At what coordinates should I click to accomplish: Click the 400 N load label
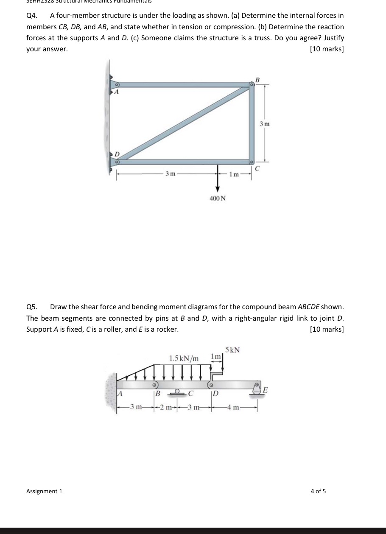[218, 198]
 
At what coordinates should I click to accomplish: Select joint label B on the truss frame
[257, 79]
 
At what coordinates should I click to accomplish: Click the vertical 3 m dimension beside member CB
[265, 124]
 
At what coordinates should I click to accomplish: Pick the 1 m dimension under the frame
[234, 174]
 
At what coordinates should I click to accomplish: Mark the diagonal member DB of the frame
[182, 123]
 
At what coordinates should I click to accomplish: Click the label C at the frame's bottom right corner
[257, 169]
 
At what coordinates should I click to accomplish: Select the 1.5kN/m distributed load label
[184, 358]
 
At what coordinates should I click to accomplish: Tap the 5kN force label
[232, 350]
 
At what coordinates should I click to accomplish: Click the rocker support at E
[257, 389]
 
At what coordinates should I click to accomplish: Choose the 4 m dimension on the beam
[235, 408]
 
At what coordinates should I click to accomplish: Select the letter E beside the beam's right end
[266, 389]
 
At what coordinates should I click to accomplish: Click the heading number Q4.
[32, 16]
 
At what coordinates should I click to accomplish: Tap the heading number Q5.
[32, 307]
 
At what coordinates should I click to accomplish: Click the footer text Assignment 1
[44, 491]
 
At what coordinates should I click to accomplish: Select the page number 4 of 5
[318, 491]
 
